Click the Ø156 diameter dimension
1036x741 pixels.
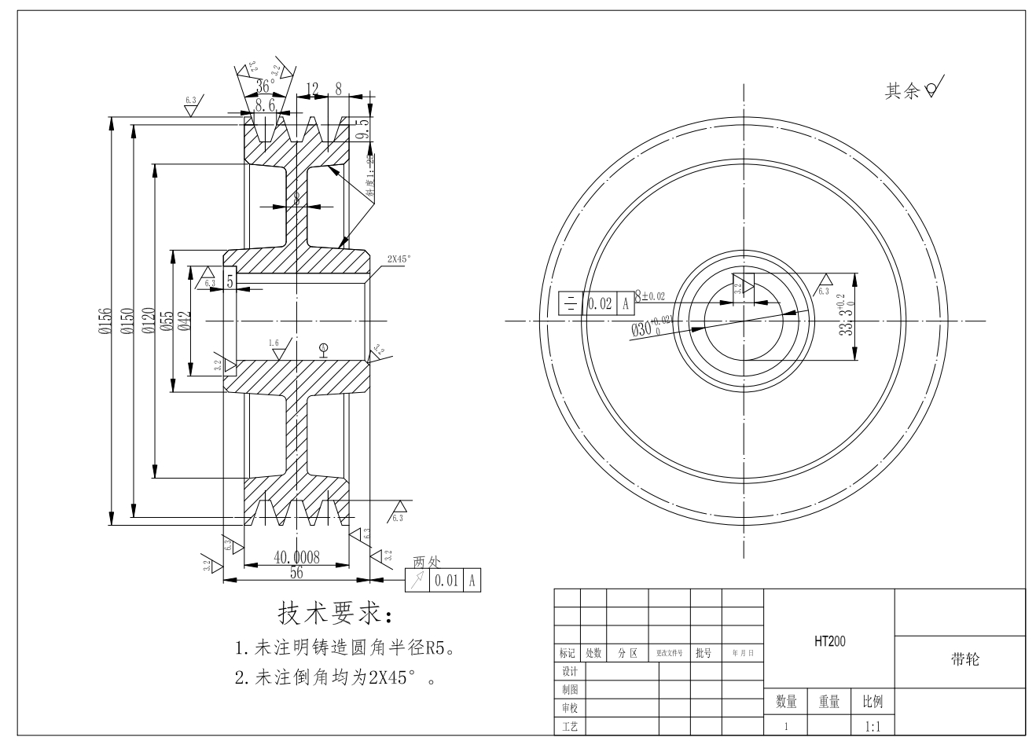click(x=105, y=321)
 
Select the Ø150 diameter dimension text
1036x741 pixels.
click(x=126, y=321)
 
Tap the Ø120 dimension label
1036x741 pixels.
click(x=147, y=321)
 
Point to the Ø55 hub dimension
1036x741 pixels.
click(x=167, y=321)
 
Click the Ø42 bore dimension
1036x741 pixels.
click(x=185, y=321)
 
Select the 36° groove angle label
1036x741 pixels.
click(x=266, y=86)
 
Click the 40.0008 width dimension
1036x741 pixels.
click(x=296, y=557)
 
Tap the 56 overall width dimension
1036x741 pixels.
click(x=296, y=573)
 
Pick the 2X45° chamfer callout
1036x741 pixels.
click(x=399, y=258)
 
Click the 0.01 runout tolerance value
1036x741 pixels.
click(x=445, y=581)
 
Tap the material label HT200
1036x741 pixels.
click(x=829, y=641)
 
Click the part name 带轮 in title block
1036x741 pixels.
click(x=964, y=660)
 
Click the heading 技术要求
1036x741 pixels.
click(x=333, y=614)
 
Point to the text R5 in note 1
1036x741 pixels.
click(x=436, y=649)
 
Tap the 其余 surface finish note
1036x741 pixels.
click(x=902, y=92)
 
